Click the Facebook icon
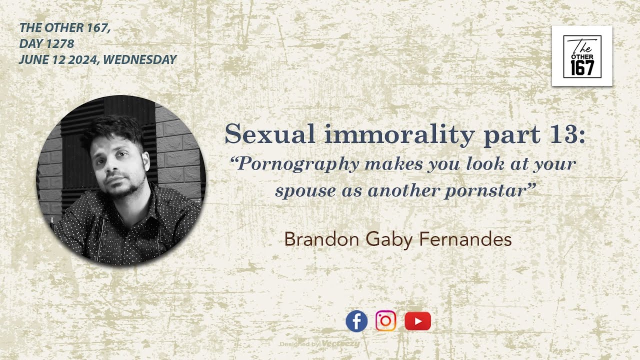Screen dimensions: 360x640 (x=356, y=321)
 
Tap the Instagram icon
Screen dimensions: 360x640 (x=385, y=321)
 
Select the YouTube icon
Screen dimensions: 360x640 (x=417, y=321)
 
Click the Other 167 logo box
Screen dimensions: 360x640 (x=582, y=56)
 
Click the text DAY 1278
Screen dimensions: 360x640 (x=46, y=44)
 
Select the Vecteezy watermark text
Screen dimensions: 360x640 (x=340, y=344)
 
